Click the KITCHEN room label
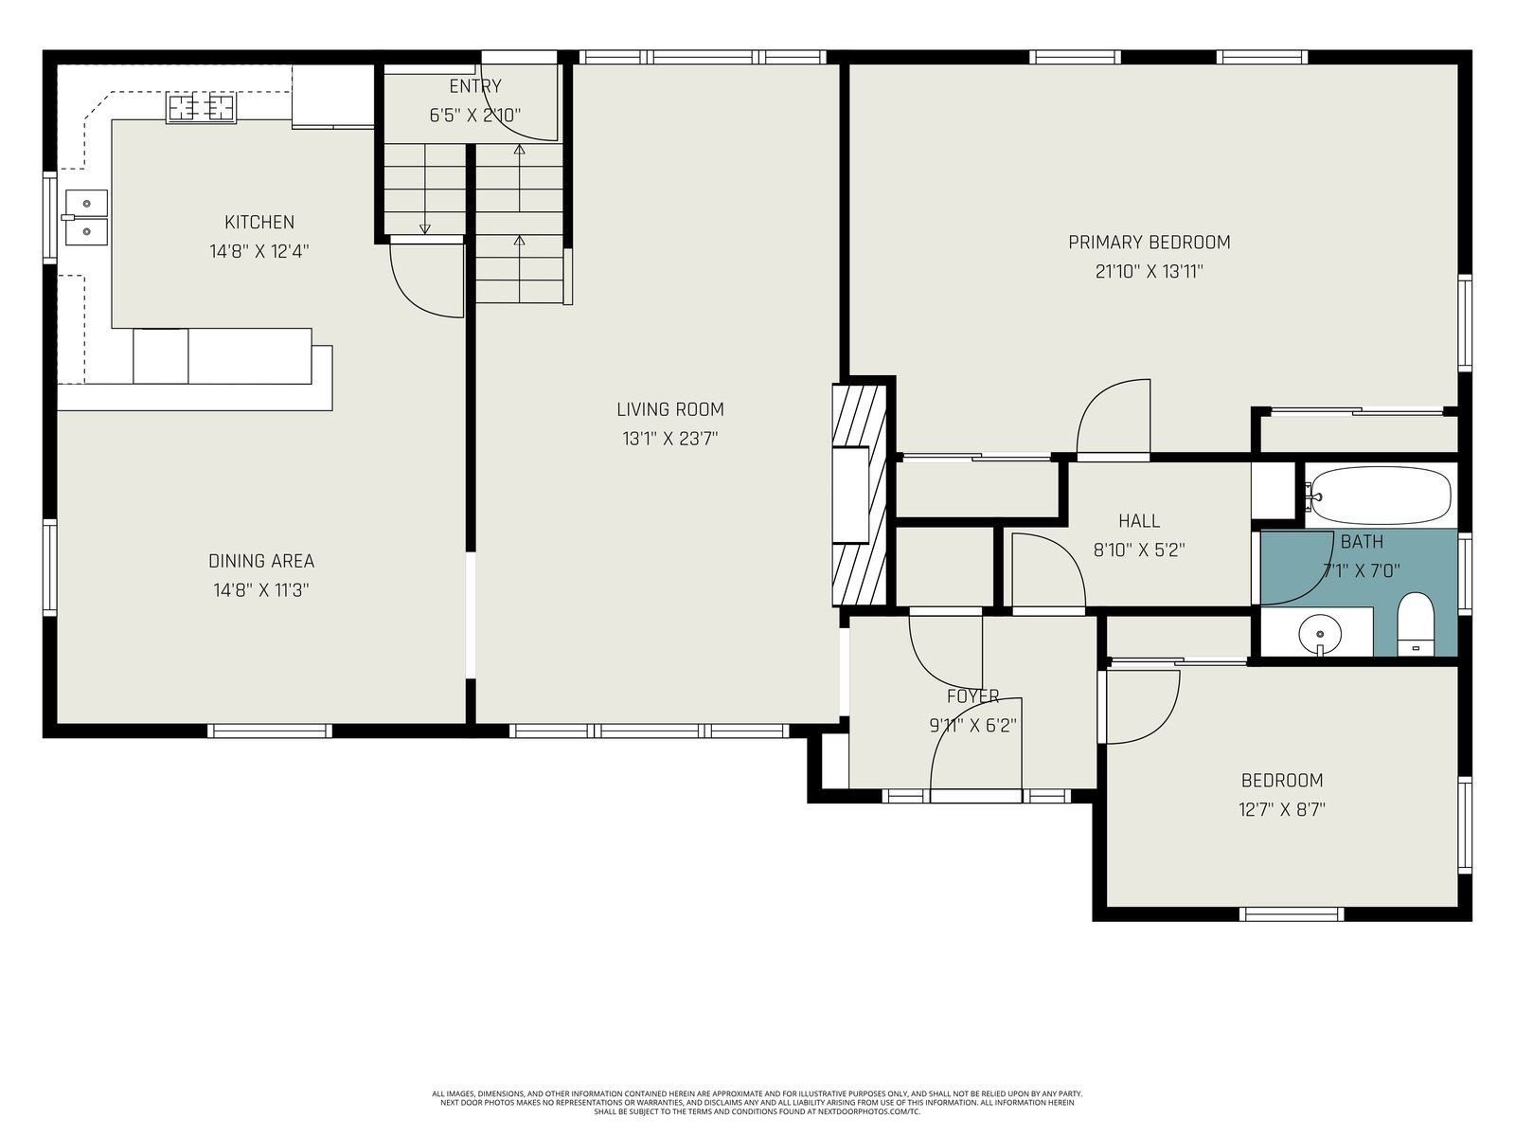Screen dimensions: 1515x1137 [x=259, y=223]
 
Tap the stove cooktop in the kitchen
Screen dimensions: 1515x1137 [x=201, y=108]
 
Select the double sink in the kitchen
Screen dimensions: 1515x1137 [x=87, y=218]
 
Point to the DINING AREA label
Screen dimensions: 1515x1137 [x=261, y=561]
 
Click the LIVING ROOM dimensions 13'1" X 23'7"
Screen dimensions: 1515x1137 [x=670, y=439]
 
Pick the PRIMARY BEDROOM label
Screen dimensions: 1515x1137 [x=1150, y=243]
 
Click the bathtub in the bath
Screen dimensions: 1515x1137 [x=1377, y=496]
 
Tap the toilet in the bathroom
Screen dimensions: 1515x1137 [x=1416, y=624]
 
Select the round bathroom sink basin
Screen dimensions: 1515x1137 [x=1320, y=633]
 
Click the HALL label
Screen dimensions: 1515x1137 [x=1139, y=520]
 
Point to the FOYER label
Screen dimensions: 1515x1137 [x=973, y=696]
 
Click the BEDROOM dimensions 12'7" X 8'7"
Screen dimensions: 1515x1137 [x=1282, y=809]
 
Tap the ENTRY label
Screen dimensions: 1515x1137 [x=475, y=86]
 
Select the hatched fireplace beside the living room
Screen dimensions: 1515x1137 [x=860, y=495]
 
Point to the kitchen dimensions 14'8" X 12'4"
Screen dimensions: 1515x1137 [x=259, y=251]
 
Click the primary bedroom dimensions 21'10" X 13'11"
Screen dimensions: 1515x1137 [x=1150, y=271]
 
